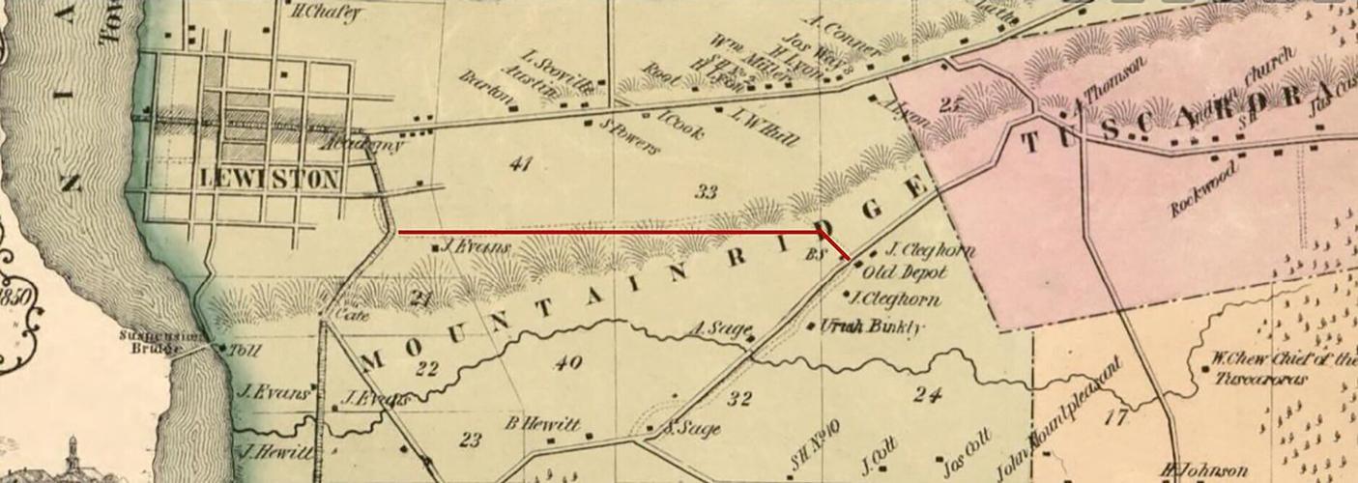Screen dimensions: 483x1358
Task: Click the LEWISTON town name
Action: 270,179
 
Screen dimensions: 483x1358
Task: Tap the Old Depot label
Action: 904,272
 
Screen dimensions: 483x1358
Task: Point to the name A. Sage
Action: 714,329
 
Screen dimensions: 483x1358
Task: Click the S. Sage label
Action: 694,429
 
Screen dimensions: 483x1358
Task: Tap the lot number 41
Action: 521,163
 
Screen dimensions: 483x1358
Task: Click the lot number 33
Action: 707,192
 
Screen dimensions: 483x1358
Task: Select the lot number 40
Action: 568,363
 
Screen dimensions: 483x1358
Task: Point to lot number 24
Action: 927,393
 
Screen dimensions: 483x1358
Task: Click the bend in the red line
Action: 821,232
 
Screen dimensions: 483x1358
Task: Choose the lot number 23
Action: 471,440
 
